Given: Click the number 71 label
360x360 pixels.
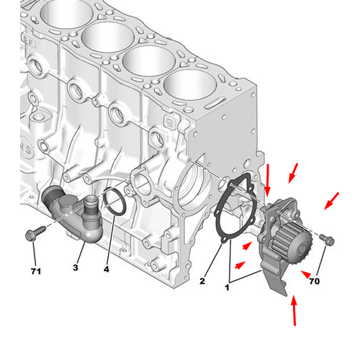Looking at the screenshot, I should click(36, 271).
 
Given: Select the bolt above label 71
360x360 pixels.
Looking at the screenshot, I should click(32, 234).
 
